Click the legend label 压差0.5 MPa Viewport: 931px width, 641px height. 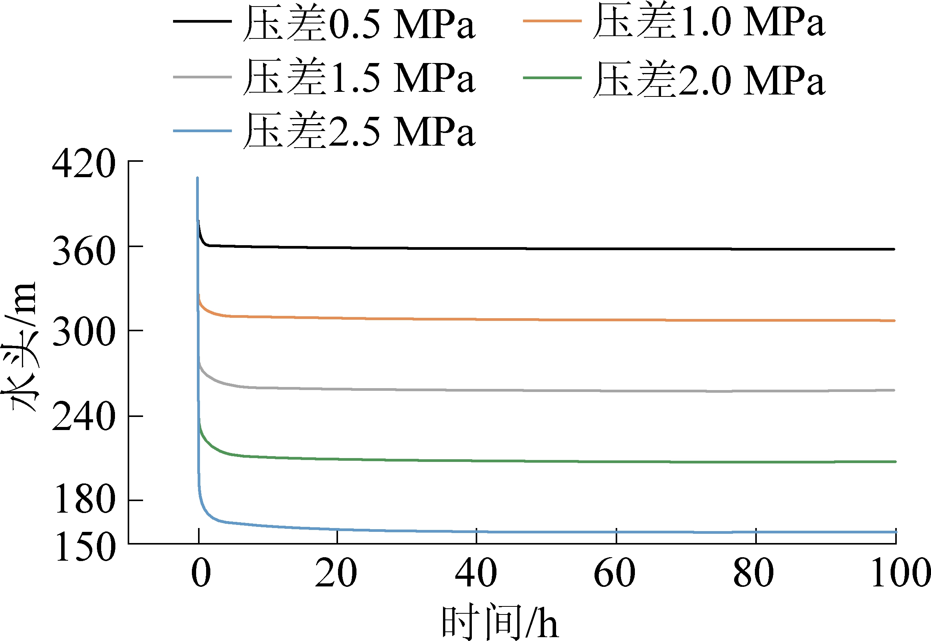(x=359, y=23)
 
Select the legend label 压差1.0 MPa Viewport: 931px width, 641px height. (x=709, y=21)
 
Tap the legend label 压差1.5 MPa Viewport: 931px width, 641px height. (x=359, y=77)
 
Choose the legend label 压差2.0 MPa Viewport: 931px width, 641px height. (x=709, y=79)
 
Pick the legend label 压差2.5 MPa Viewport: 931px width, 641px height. (x=359, y=131)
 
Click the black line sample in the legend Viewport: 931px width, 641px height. (x=202, y=21)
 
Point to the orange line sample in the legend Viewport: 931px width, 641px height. (x=552, y=20)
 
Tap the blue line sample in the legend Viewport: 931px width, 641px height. (x=202, y=131)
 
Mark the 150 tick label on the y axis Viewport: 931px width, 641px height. (x=86, y=547)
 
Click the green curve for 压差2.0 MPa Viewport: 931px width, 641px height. (x=522, y=461)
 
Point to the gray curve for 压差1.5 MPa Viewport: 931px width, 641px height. (x=522, y=390)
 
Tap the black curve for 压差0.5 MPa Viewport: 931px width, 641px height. (x=522, y=249)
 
